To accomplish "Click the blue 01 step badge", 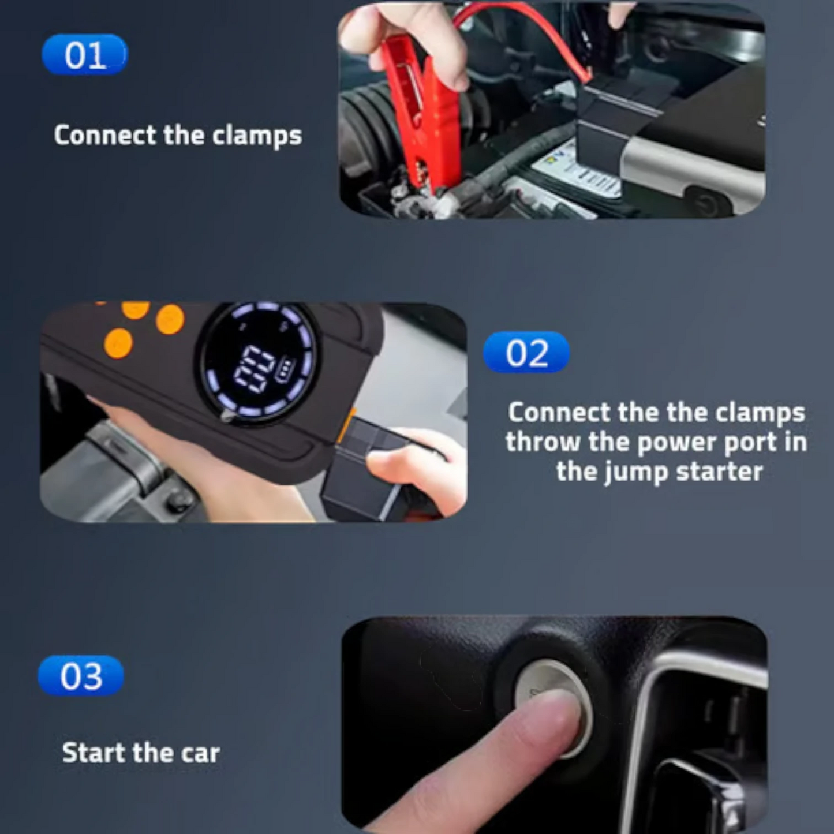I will coord(85,55).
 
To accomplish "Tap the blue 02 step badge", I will coord(526,352).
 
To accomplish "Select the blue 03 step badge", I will coord(81,675).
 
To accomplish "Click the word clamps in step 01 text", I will coord(257,136).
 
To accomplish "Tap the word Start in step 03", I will coord(94,753).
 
